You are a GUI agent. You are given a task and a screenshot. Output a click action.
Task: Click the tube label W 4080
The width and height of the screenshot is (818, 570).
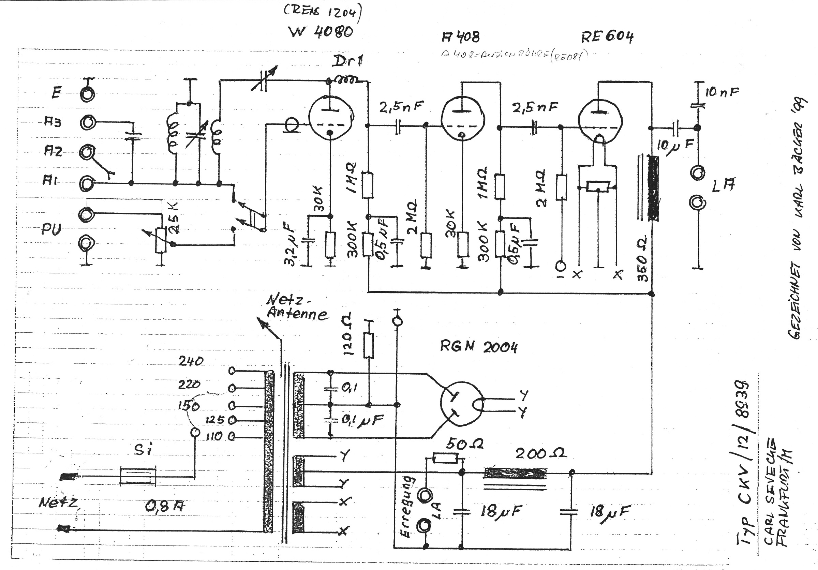tap(321, 32)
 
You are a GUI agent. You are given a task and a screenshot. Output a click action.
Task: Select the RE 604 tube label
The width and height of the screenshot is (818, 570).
tap(607, 37)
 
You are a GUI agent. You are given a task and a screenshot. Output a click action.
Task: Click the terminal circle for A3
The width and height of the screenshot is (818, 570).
tap(87, 122)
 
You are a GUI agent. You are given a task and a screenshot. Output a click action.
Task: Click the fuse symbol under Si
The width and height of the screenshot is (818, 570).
tap(138, 476)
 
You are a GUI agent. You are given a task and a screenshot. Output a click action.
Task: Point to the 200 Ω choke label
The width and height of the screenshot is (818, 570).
tap(541, 454)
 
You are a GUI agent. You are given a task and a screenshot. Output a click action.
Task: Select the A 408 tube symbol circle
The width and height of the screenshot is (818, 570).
tap(462, 119)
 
